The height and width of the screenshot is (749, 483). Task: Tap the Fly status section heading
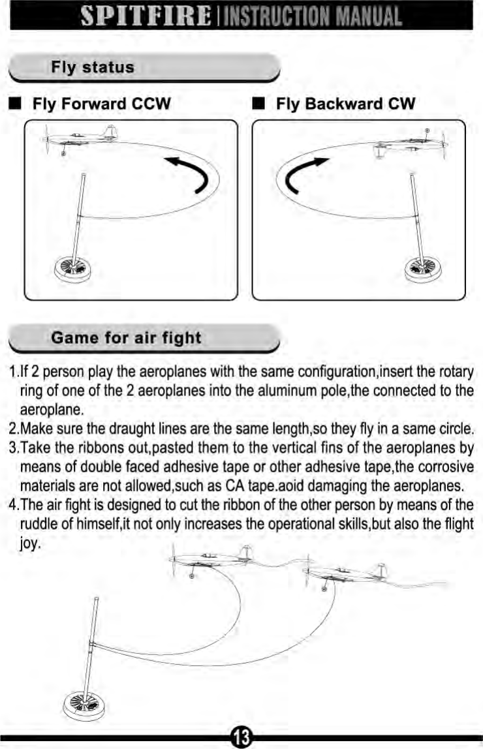pyautogui.click(x=93, y=67)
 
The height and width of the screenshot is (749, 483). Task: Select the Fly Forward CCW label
pyautogui.click(x=102, y=104)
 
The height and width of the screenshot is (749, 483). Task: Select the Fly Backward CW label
pyautogui.click(x=345, y=104)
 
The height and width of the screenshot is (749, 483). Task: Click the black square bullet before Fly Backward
pyautogui.click(x=258, y=104)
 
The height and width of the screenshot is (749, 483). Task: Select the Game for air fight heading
pyautogui.click(x=126, y=338)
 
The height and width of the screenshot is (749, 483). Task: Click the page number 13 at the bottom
pyautogui.click(x=241, y=737)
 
